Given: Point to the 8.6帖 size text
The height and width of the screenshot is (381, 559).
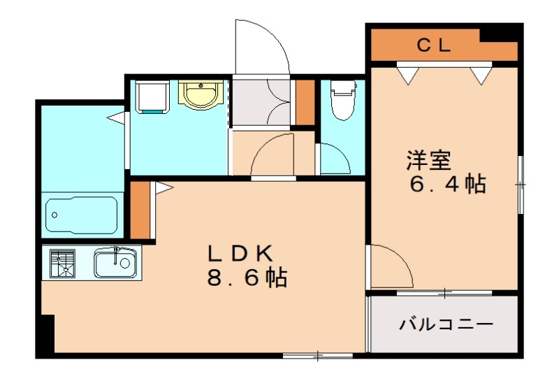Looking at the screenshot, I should point(247,278).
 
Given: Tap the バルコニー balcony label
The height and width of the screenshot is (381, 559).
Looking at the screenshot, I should point(447,325).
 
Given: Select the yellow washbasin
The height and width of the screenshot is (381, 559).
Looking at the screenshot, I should point(201,95).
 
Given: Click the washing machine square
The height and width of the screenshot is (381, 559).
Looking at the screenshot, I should point(153,96).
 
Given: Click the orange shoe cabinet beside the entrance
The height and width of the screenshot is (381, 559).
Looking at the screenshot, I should point(305,103).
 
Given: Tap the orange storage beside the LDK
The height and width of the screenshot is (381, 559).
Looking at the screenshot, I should point(140,210).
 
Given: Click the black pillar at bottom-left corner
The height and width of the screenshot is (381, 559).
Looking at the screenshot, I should point(46,336).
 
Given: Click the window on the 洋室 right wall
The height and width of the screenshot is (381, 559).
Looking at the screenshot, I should point(521,183).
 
